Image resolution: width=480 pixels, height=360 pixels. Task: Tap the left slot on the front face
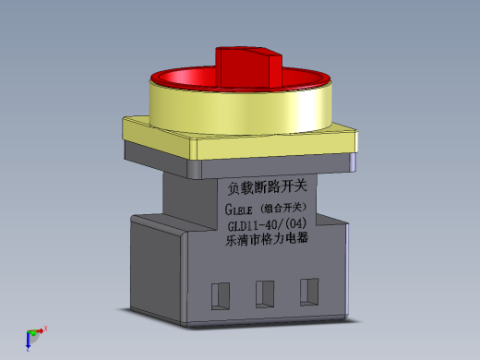click(220, 294)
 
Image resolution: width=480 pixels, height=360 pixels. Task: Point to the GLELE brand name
click(240, 209)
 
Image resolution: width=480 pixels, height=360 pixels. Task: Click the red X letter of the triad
click(45, 328)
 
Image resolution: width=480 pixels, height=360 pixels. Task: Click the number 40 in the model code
click(276, 225)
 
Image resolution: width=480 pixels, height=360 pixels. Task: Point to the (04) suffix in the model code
click(298, 223)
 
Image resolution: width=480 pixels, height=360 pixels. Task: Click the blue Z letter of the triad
click(29, 351)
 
